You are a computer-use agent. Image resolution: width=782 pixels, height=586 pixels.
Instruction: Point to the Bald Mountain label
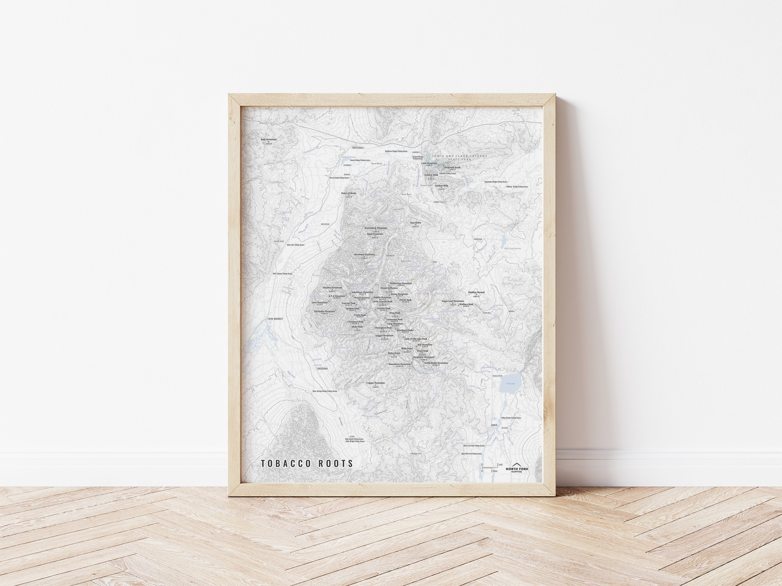[269, 140]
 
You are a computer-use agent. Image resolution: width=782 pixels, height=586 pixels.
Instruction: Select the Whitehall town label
[358, 148]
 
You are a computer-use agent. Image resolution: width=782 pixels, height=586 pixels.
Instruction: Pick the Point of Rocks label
[349, 194]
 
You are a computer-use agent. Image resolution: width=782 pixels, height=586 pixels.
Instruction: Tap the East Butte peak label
[415, 223]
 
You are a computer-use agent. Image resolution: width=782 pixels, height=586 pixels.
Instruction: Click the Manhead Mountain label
[364, 254]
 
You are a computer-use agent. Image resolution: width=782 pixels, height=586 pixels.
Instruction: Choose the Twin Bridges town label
[275, 319]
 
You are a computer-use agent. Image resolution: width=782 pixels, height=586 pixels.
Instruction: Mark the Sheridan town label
[322, 368]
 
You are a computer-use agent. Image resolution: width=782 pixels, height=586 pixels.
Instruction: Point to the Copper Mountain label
[375, 383]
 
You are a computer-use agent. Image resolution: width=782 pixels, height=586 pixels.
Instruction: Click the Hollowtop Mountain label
[401, 283]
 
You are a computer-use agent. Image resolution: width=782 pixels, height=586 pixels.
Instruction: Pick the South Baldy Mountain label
[436, 363]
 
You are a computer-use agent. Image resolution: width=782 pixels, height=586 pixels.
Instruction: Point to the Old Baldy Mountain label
[324, 312]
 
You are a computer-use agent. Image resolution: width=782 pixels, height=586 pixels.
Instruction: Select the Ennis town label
[494, 425]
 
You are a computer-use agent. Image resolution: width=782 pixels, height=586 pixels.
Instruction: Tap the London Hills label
[441, 186]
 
